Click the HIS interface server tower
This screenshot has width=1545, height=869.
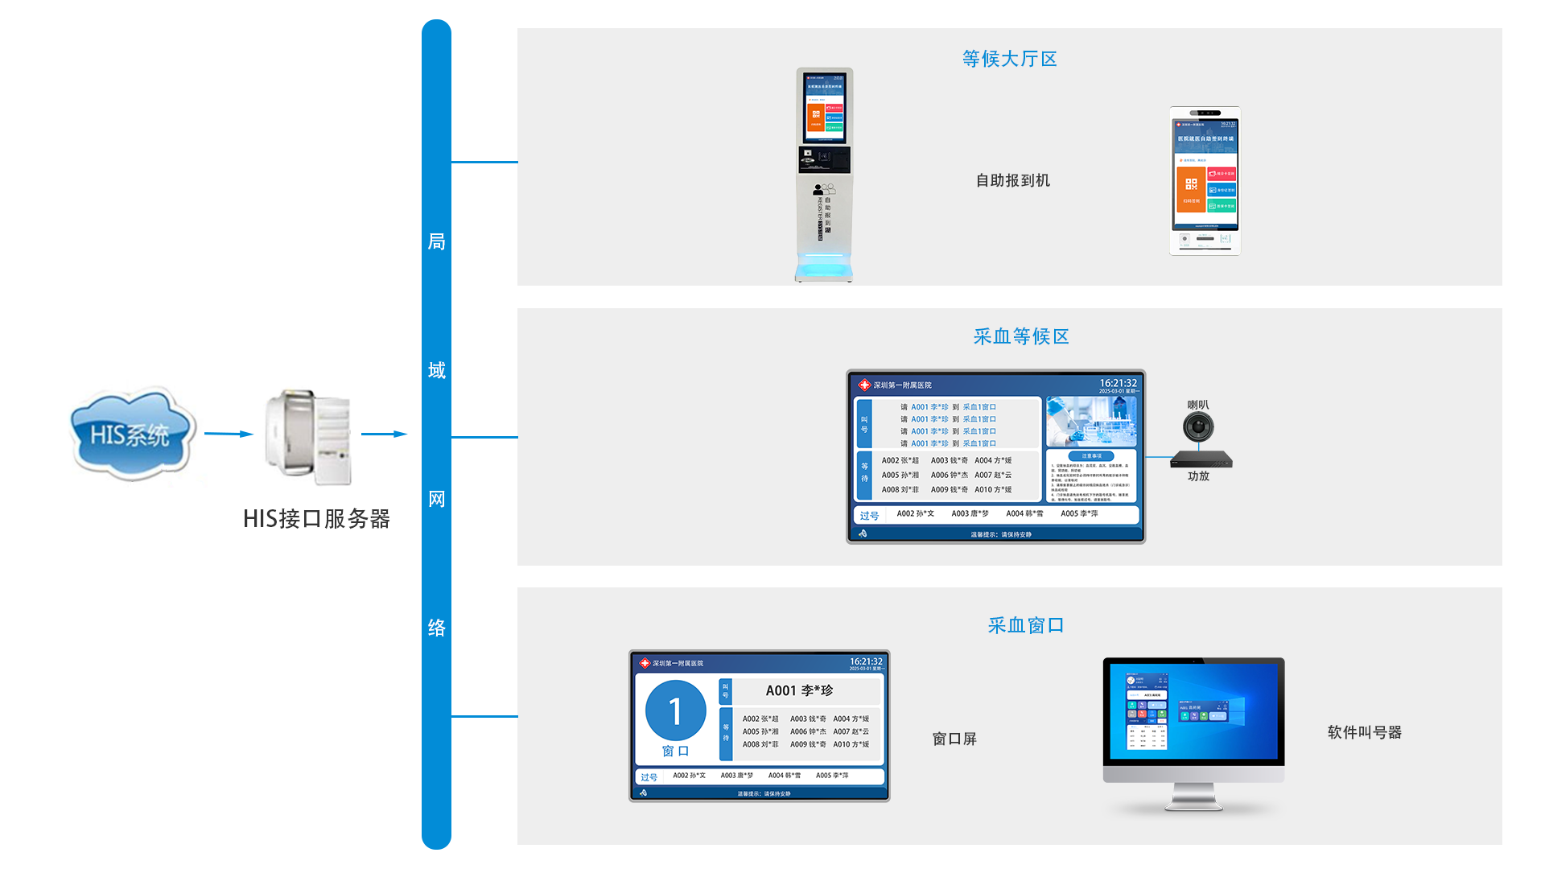pyautogui.click(x=309, y=438)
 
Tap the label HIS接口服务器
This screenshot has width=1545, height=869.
pyautogui.click(x=316, y=519)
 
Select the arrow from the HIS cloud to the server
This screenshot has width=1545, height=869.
pyautogui.click(x=229, y=434)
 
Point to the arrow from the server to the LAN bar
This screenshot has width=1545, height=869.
pyautogui.click(x=384, y=434)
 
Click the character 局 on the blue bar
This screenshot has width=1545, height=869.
pyautogui.click(x=436, y=241)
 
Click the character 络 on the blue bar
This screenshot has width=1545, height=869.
pyautogui.click(x=436, y=628)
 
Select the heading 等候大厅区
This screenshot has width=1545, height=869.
pyautogui.click(x=1009, y=59)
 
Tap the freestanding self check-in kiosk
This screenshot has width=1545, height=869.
pyautogui.click(x=824, y=175)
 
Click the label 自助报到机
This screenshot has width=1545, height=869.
pyautogui.click(x=1012, y=180)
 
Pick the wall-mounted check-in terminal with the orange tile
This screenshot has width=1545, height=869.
pyautogui.click(x=1205, y=181)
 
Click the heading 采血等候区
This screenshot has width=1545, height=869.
pyautogui.click(x=1021, y=336)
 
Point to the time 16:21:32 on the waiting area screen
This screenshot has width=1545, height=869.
pyautogui.click(x=1118, y=383)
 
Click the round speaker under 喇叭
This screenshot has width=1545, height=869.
pyautogui.click(x=1197, y=426)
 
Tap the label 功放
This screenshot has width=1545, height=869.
pyautogui.click(x=1198, y=476)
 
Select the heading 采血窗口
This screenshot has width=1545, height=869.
pyautogui.click(x=1026, y=625)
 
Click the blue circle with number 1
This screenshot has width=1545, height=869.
pyautogui.click(x=675, y=710)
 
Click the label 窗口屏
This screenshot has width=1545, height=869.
pyautogui.click(x=954, y=739)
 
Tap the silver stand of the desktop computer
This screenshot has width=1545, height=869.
pyautogui.click(x=1193, y=797)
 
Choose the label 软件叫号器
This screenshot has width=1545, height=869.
pyautogui.click(x=1364, y=732)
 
